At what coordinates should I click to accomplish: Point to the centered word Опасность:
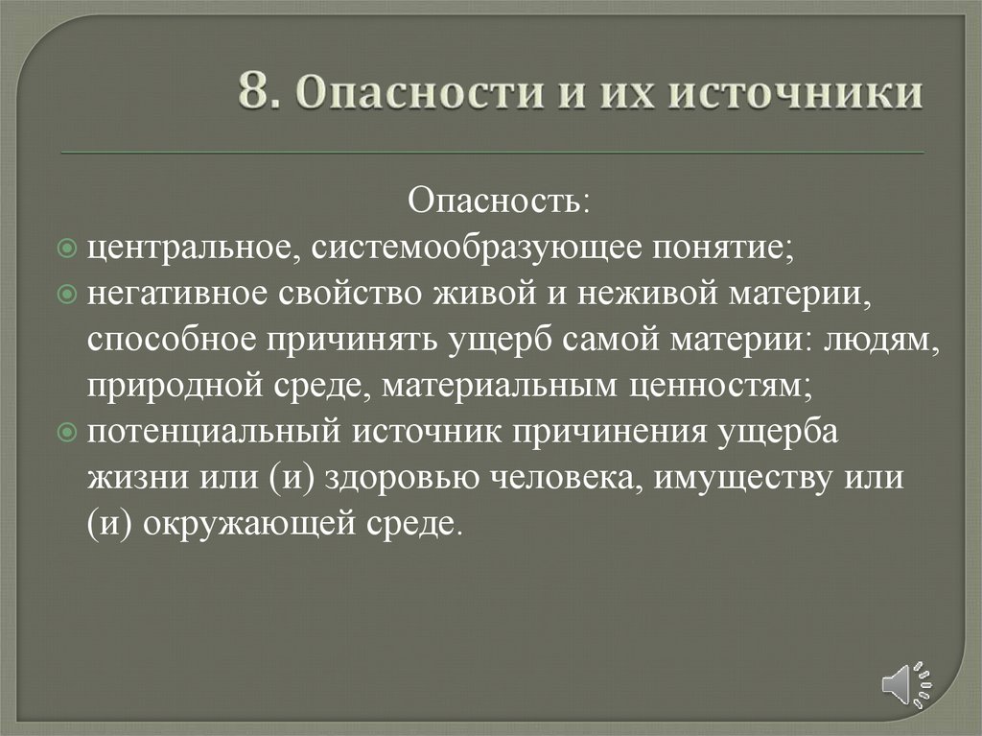click(490, 203)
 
